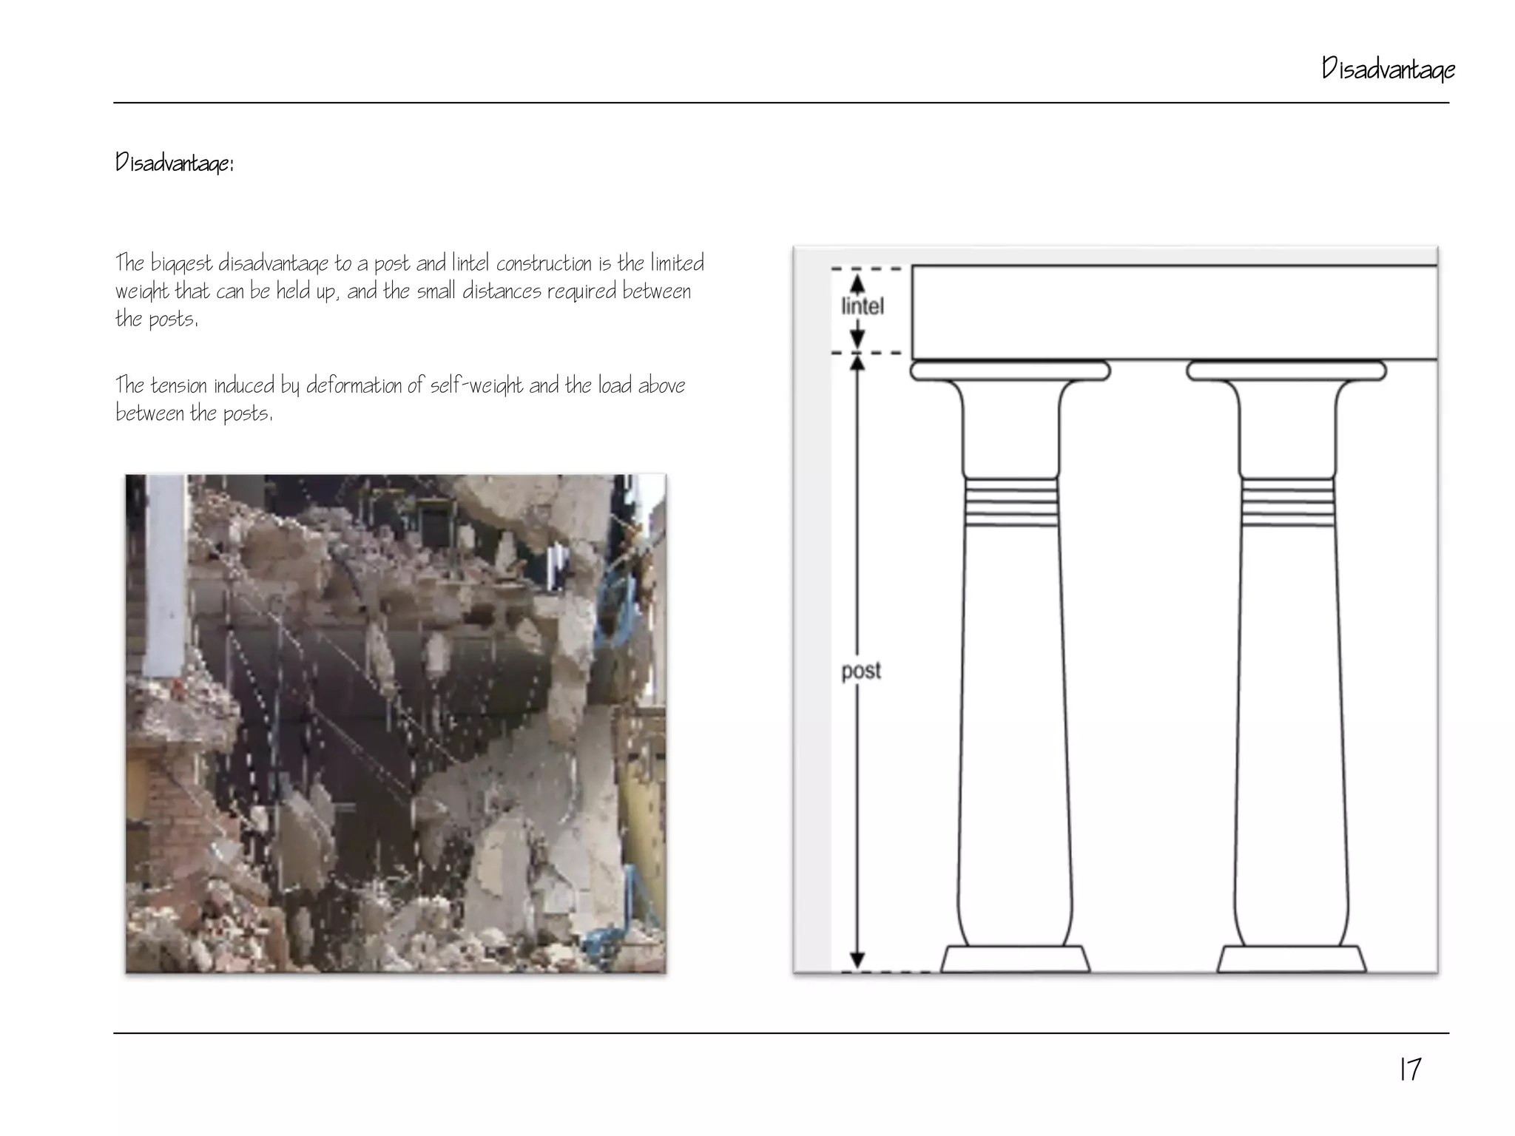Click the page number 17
pos(1410,1069)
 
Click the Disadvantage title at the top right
pos(1388,70)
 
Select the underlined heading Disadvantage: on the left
pos(175,162)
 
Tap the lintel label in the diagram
pos(863,306)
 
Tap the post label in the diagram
pos(861,671)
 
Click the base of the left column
pos(1014,959)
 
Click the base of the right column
pos(1291,959)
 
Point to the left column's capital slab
pos(1010,371)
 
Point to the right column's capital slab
pos(1286,371)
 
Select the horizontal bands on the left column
pos(1011,501)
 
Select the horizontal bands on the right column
pos(1288,501)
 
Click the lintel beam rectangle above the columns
pos(1174,313)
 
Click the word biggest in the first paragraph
pos(182,264)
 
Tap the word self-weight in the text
pos(476,385)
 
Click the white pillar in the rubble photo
pos(164,577)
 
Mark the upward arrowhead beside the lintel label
pos(857,284)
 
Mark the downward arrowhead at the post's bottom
pos(857,960)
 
